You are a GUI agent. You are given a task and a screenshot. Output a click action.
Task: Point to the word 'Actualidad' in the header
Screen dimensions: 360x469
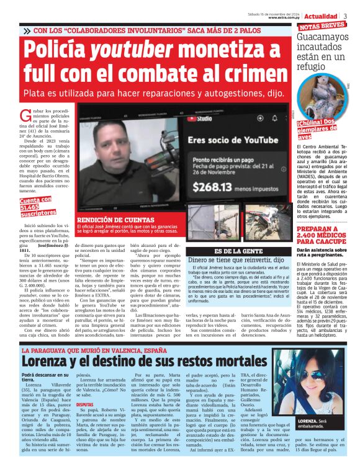321,16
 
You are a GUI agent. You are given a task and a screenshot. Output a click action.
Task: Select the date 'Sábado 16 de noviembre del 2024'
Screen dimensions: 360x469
275,13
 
